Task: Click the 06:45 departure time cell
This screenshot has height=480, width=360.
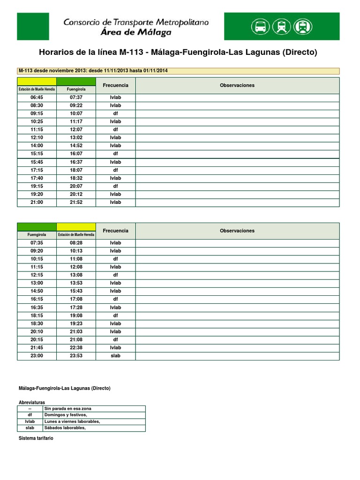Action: [37, 97]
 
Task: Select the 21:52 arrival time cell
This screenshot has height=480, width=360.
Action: [76, 202]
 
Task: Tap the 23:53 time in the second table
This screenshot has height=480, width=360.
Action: [76, 356]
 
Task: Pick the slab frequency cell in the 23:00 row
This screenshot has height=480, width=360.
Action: [115, 356]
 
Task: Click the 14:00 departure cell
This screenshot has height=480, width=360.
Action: [37, 146]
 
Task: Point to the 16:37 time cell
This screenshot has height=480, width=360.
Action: [76, 162]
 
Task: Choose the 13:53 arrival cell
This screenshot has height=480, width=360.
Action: [76, 283]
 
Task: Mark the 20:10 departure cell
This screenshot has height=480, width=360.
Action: [37, 331]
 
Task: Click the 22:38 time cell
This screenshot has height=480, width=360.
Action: [76, 348]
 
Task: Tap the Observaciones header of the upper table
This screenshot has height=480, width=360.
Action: [237, 85]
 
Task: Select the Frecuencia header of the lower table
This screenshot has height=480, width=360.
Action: [115, 231]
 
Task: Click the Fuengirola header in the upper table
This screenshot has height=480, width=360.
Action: [76, 89]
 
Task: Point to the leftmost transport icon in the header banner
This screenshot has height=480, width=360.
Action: [261, 26]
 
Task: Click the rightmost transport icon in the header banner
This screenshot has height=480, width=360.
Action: [303, 26]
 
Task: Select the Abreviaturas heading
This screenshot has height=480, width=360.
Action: [32, 403]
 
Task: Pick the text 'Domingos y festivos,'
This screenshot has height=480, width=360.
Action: [66, 415]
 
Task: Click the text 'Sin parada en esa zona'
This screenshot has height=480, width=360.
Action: [67, 409]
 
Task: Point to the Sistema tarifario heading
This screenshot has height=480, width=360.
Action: [36, 438]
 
